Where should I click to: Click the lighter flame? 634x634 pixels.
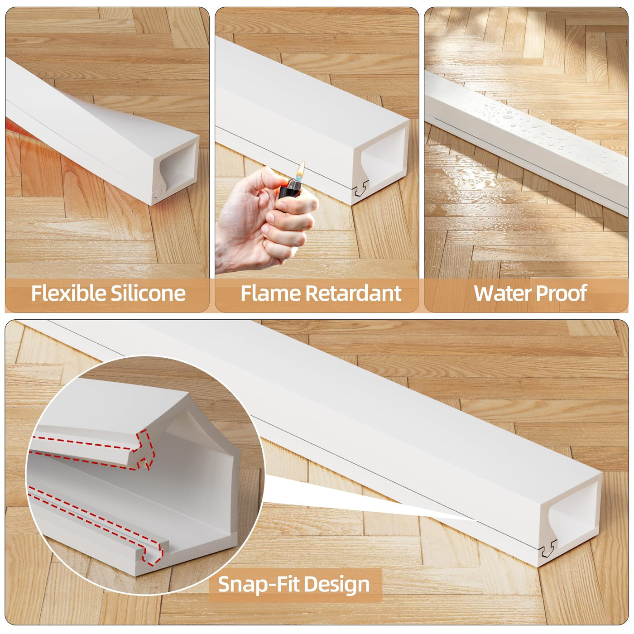pyautogui.click(x=301, y=170)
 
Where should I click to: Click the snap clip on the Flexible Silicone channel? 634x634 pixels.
pyautogui.click(x=159, y=192)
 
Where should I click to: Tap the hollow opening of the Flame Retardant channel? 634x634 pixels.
pyautogui.click(x=382, y=154)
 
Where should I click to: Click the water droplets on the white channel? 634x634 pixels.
pyautogui.click(x=539, y=132)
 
